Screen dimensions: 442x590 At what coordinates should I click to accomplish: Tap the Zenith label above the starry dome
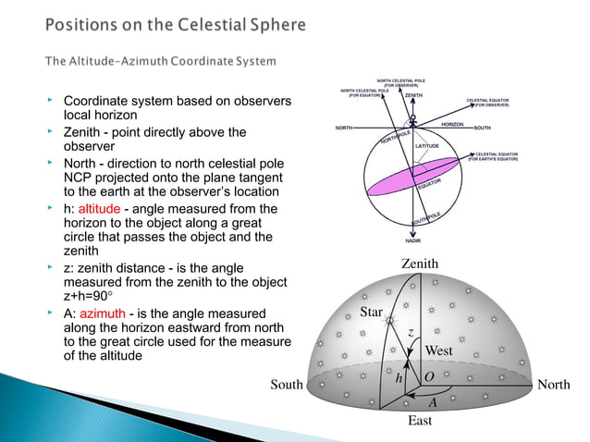point(420,264)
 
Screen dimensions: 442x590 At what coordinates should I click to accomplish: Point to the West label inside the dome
point(438,351)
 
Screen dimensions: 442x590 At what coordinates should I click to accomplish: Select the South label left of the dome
point(287,384)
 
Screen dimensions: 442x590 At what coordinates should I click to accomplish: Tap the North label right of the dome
point(553,384)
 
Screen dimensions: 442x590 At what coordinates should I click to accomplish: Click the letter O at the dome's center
point(429,377)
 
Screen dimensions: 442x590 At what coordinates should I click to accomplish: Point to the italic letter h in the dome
point(399,378)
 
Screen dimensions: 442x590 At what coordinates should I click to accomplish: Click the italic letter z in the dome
point(410,329)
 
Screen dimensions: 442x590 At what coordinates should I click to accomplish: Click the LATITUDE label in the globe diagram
point(426,146)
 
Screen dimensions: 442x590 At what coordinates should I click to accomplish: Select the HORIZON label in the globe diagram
point(452,123)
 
